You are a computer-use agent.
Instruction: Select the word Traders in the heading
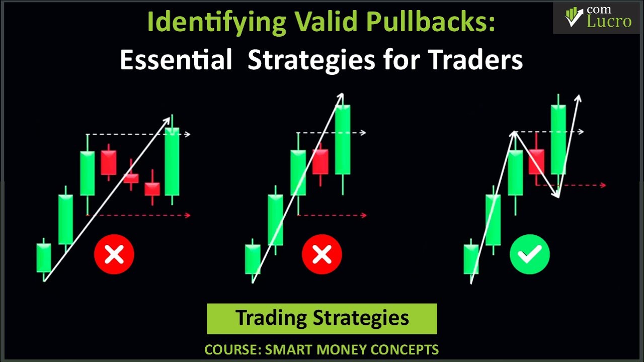point(475,60)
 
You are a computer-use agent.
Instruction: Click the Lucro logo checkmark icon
point(574,17)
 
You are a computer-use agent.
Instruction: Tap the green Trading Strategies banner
point(322,318)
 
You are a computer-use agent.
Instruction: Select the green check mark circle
point(529,254)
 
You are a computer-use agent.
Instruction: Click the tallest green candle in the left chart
point(172,161)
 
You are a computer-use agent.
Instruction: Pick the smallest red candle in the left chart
point(131,177)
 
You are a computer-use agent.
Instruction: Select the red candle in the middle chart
point(320,162)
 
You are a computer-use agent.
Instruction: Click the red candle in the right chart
point(536,162)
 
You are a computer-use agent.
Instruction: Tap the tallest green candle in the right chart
point(558,139)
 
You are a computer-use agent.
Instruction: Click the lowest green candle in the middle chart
point(253,259)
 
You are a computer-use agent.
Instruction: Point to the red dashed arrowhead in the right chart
point(603,185)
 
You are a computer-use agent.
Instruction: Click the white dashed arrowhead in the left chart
point(188,134)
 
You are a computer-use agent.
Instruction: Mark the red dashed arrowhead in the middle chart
point(364,215)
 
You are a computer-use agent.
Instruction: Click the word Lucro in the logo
point(609,21)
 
